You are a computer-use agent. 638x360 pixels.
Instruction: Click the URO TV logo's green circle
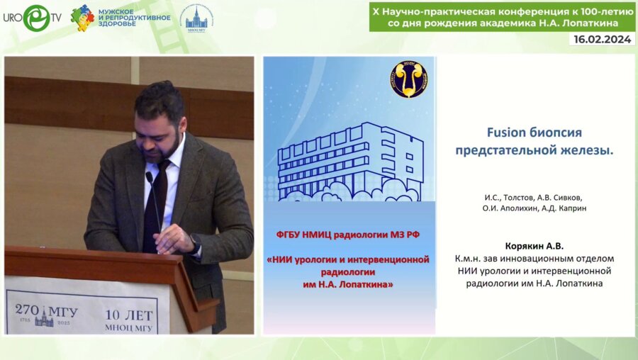pyautogui.click(x=36, y=18)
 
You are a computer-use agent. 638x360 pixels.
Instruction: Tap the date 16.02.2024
pyautogui.click(x=602, y=39)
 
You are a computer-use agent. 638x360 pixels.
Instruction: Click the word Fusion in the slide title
pyautogui.click(x=506, y=133)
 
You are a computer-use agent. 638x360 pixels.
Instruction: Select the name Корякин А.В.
pyautogui.click(x=535, y=246)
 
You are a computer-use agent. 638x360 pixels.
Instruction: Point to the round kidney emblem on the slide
pyautogui.click(x=409, y=79)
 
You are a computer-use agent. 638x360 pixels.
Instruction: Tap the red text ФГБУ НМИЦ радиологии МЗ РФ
pyautogui.click(x=348, y=235)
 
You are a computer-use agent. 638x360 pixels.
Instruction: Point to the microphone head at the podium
pyautogui.click(x=149, y=177)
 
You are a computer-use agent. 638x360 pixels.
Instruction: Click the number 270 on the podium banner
pyautogui.click(x=27, y=310)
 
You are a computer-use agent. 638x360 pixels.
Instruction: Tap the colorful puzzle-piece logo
pyautogui.click(x=82, y=18)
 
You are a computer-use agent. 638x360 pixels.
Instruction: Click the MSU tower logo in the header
pyautogui.click(x=196, y=19)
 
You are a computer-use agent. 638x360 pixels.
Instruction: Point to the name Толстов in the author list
pyautogui.click(x=518, y=198)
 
